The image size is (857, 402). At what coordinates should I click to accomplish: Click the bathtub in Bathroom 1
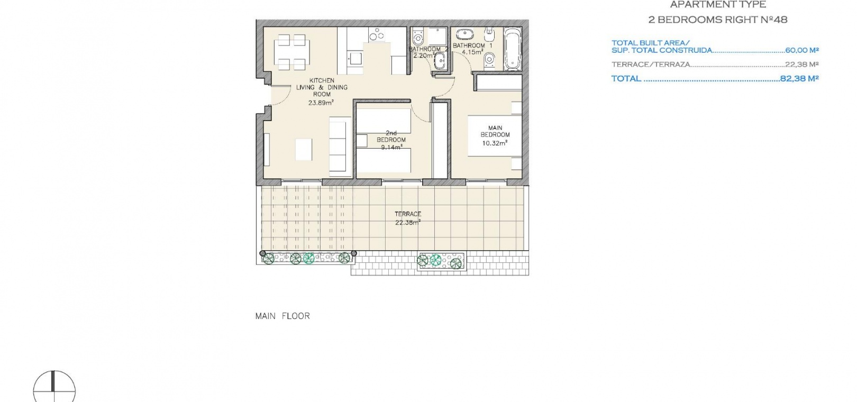point(512,49)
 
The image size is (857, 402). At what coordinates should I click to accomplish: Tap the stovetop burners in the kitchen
point(377,35)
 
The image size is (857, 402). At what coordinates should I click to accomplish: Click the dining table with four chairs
point(291,52)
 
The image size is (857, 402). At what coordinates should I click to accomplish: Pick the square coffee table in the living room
point(304,149)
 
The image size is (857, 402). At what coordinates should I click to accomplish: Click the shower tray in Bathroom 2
point(437,36)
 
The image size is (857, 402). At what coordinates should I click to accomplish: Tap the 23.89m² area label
point(321,103)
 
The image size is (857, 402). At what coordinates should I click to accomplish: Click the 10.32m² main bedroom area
point(495,143)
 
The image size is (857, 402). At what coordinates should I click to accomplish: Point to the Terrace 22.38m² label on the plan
point(408,218)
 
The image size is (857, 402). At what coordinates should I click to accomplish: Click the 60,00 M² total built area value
point(801,50)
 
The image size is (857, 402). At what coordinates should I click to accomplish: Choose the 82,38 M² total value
point(799,78)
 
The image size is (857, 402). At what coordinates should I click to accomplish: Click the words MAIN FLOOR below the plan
point(282,316)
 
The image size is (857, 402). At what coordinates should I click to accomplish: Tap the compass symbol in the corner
point(54,387)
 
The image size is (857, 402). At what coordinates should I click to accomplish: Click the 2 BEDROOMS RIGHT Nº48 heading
point(718,20)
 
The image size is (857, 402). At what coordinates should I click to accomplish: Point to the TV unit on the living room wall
point(267,150)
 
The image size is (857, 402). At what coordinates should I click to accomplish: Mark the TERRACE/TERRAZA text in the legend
point(651,64)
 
